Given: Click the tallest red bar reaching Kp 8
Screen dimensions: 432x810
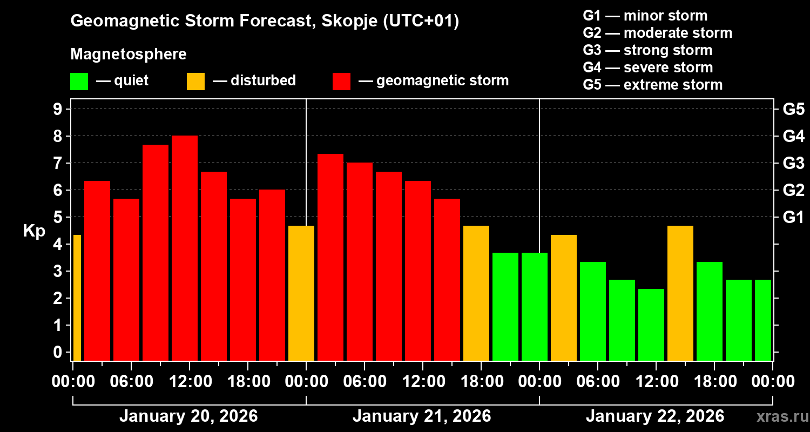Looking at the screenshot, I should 185,248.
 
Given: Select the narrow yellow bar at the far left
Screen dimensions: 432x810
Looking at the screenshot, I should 77,298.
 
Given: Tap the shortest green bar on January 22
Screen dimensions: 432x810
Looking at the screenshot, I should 651,325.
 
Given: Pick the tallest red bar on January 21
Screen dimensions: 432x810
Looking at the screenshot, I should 330,257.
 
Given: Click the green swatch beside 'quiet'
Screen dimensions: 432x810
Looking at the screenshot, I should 79,81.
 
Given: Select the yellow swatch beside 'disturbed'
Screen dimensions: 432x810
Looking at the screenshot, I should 195,81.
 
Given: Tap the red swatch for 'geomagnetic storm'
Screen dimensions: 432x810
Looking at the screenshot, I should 341,81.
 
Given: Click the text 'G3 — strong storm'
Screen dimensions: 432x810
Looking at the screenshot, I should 647,50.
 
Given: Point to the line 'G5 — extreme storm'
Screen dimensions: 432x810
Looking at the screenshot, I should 652,85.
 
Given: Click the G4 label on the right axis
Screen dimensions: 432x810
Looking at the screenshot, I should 793,136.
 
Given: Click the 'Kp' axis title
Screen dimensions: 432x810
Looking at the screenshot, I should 34,231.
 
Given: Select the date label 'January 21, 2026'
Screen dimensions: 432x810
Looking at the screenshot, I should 422,416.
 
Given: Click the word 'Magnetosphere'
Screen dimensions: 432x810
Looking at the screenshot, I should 129,55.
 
